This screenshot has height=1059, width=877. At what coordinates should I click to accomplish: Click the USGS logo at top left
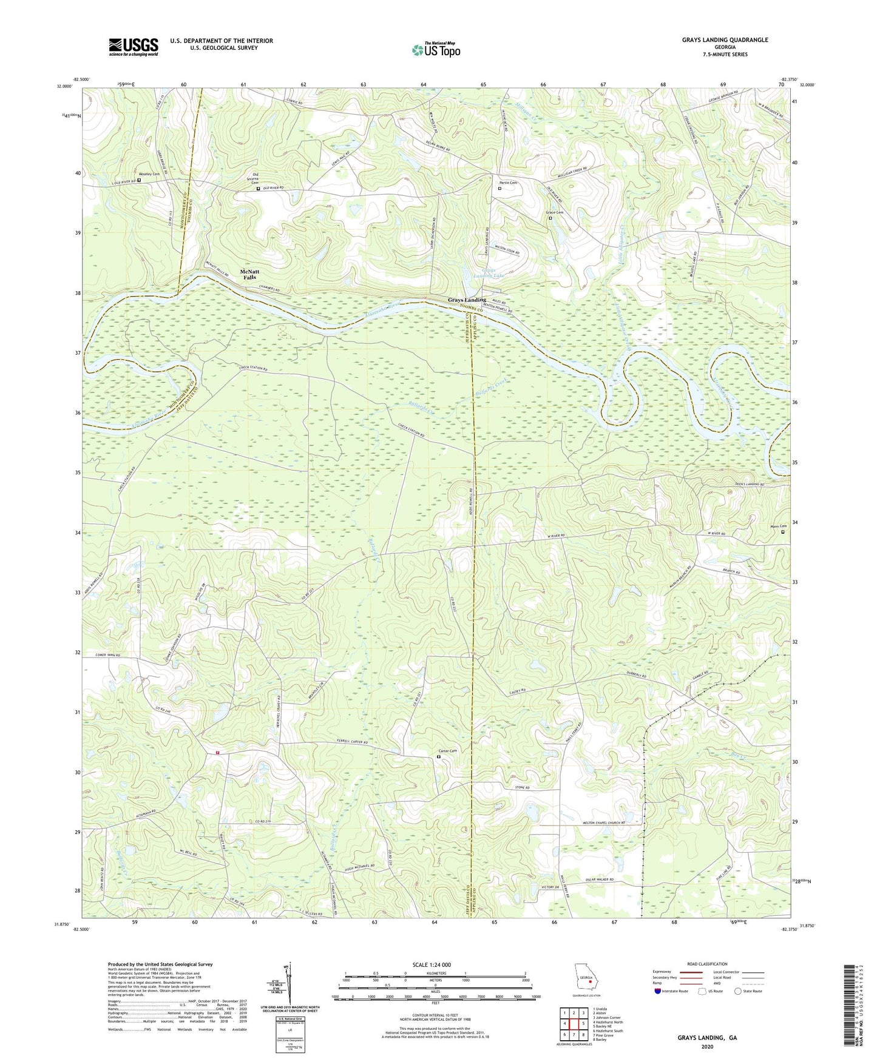(133, 47)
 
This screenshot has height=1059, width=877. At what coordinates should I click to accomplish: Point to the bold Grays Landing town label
(467, 300)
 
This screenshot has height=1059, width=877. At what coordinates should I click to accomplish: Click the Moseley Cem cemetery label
(149, 174)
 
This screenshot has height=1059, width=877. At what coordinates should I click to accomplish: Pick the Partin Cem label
(508, 183)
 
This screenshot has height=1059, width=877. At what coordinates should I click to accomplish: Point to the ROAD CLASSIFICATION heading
(707, 964)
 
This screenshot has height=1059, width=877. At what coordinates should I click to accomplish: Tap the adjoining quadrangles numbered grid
(574, 1024)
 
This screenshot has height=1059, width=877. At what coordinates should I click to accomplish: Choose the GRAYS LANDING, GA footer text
(706, 1038)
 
